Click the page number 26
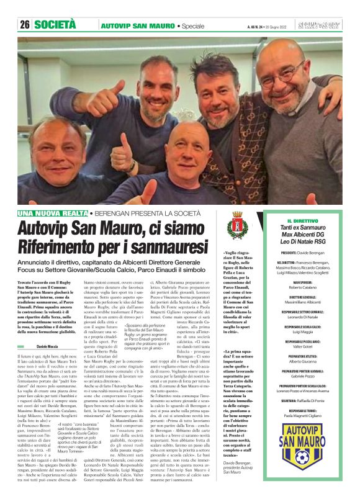tap(25, 25)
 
